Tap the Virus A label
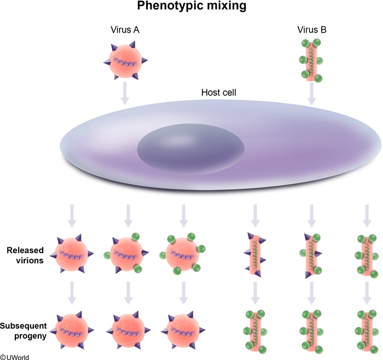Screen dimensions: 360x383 124,30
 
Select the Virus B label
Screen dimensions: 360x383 311,30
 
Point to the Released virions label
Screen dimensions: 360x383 25,256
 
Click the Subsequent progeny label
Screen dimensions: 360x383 25,331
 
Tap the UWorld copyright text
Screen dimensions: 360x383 15,356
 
